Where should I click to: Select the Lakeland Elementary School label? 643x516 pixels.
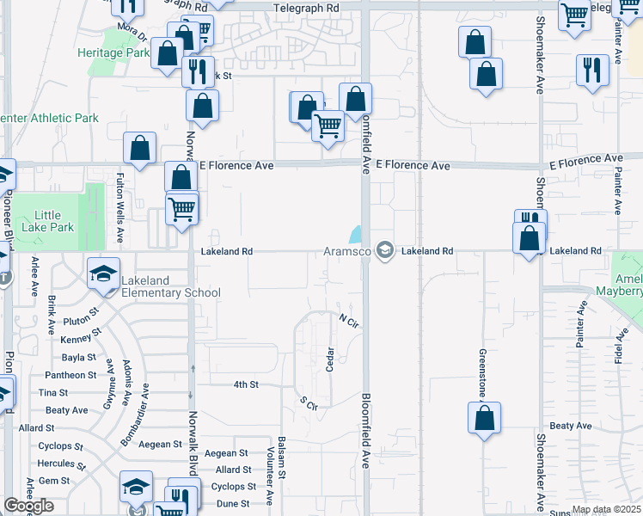[x=171, y=286]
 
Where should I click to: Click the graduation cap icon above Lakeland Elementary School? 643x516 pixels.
[x=103, y=273]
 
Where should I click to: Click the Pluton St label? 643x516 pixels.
[x=83, y=321]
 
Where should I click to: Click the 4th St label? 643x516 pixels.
[x=245, y=384]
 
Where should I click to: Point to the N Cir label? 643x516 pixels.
[x=347, y=320]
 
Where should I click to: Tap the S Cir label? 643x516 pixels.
[x=309, y=402]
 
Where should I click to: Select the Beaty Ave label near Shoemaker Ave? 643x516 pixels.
[x=571, y=426]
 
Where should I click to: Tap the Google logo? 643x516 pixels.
[x=28, y=506]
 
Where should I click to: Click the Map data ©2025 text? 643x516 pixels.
[x=605, y=510]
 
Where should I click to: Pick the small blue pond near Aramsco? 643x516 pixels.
[x=356, y=233]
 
